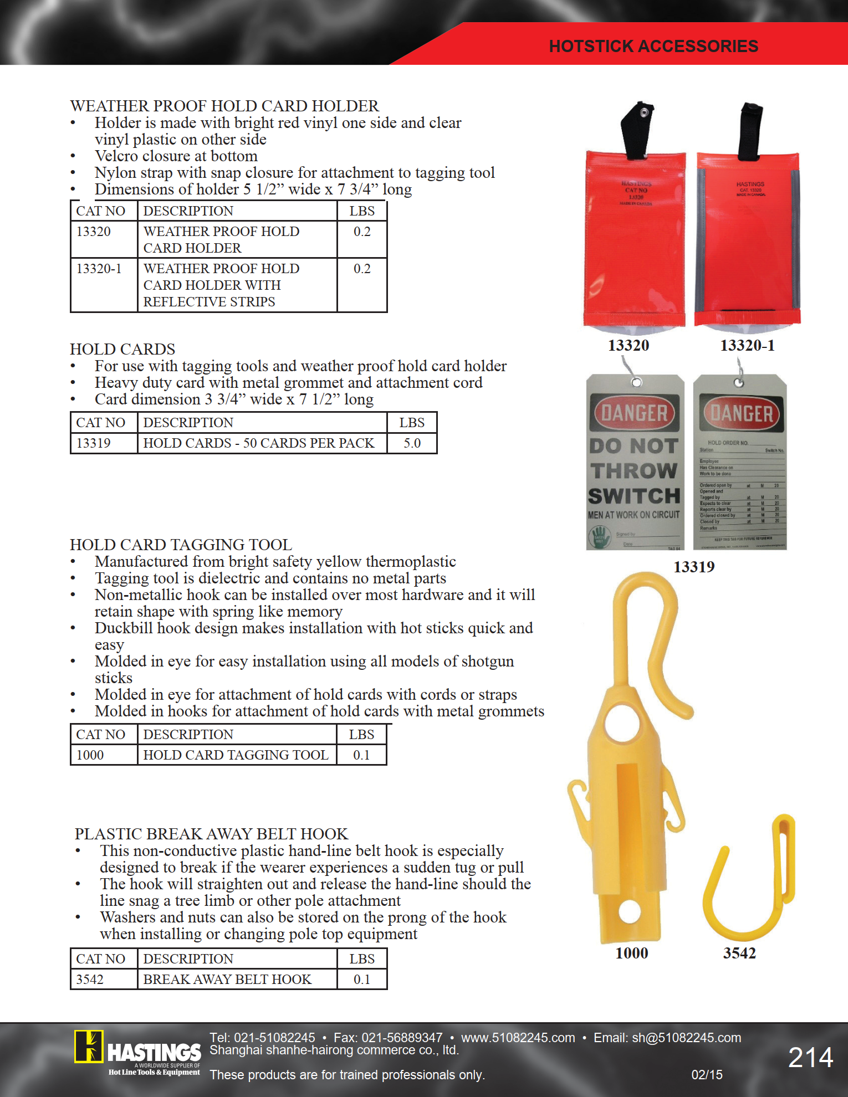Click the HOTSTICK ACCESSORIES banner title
(653, 46)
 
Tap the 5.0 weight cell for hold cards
(412, 443)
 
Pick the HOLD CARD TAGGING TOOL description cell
(236, 755)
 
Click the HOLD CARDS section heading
(122, 349)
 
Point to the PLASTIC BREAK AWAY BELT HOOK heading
(211, 834)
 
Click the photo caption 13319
(694, 567)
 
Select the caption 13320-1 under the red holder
(747, 346)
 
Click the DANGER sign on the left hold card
(635, 413)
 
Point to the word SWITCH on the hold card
(634, 496)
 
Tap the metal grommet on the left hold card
(637, 382)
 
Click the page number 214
(810, 1058)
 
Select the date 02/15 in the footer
(707, 1075)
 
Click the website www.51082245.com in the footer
(518, 1038)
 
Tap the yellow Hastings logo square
(89, 1047)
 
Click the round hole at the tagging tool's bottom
(630, 911)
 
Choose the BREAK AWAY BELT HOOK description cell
(227, 979)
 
